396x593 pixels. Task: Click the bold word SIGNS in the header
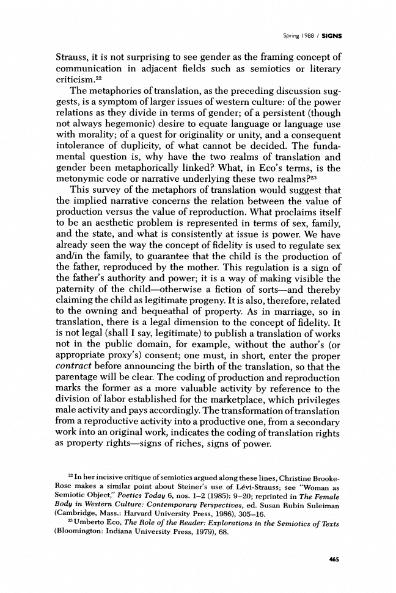[331, 35]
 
